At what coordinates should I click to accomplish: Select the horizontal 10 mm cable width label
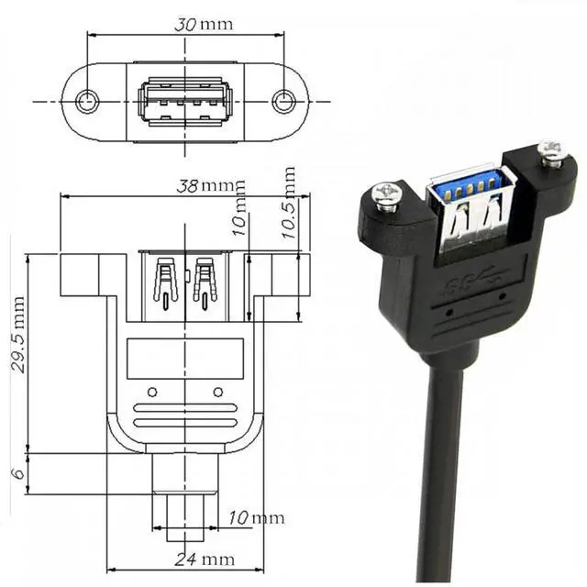pyautogui.click(x=256, y=519)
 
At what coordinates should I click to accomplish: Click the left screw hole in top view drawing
pyautogui.click(x=87, y=101)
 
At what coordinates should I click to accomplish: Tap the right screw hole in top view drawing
pyautogui.click(x=284, y=101)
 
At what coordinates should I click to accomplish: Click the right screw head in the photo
pyautogui.click(x=550, y=152)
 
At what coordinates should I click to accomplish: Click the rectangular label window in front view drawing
pyautogui.click(x=185, y=359)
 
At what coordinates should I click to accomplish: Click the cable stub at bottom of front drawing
pyautogui.click(x=185, y=495)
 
